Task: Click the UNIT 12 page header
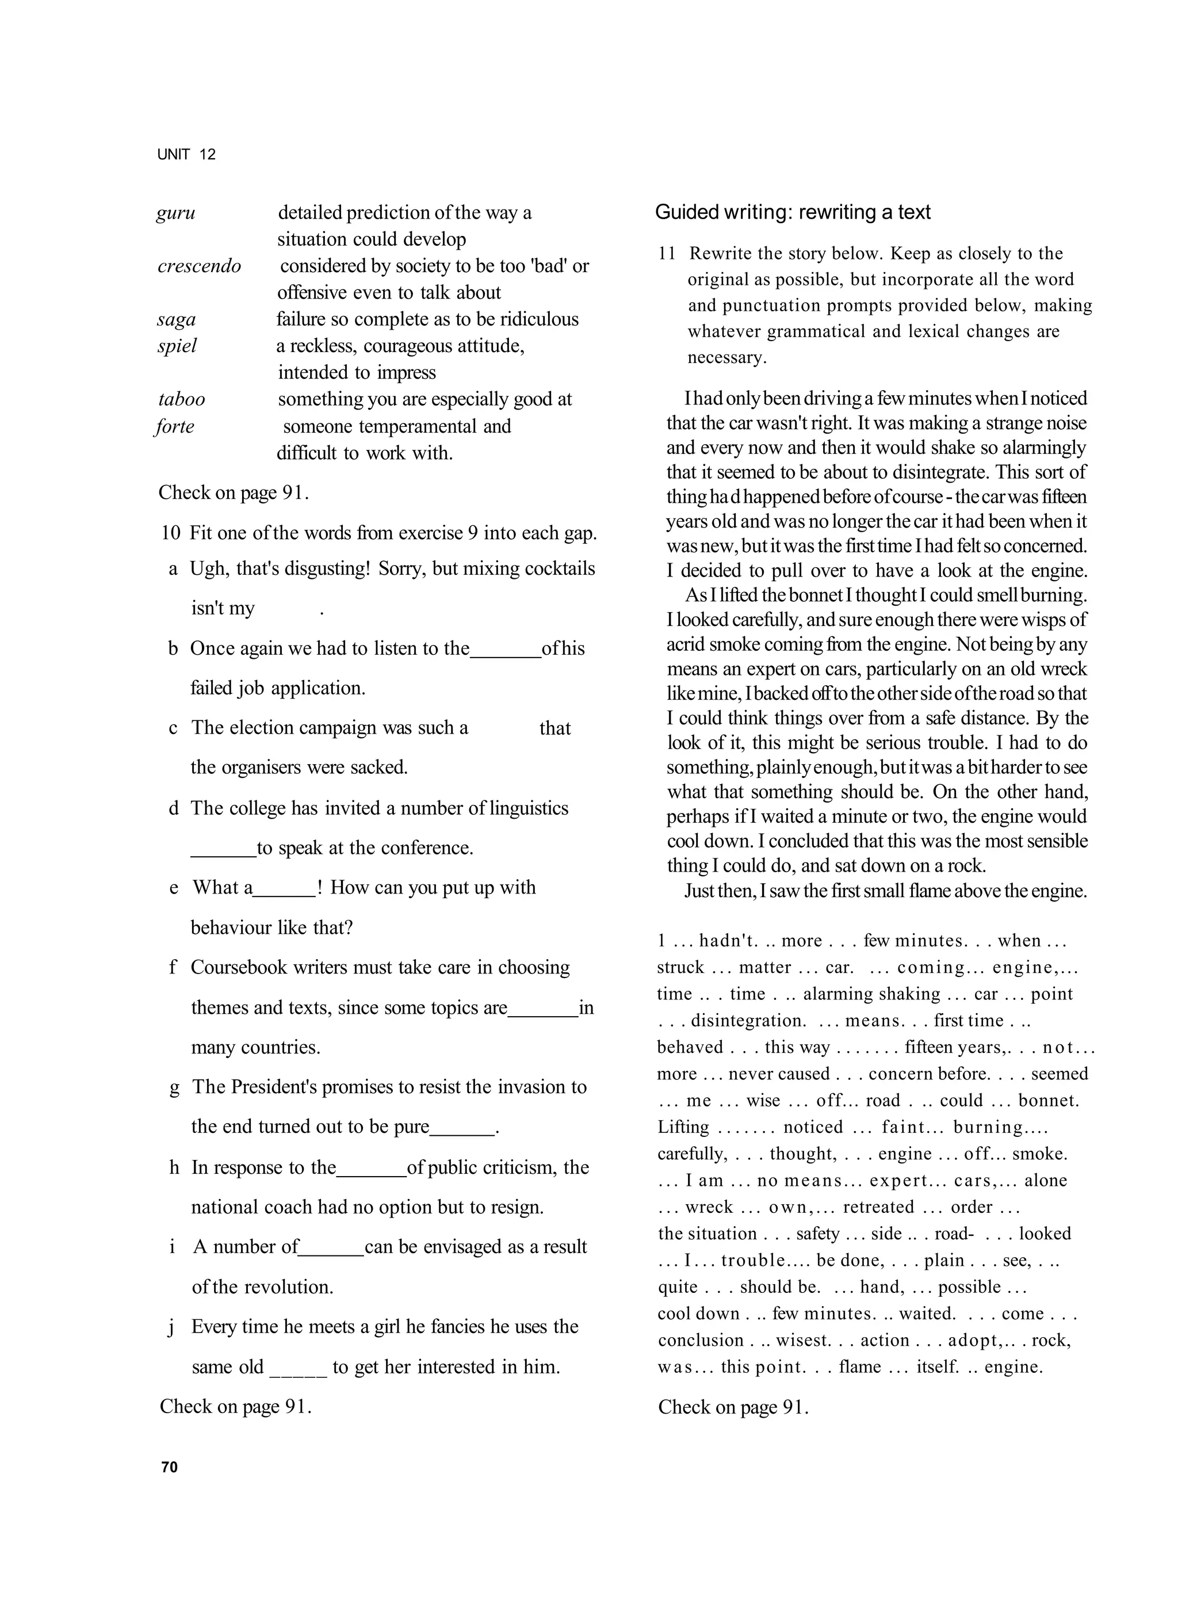186,155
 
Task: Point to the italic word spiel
177,346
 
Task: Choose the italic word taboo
181,400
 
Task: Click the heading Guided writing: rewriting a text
792,212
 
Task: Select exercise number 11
667,254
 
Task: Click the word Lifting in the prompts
683,1128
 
